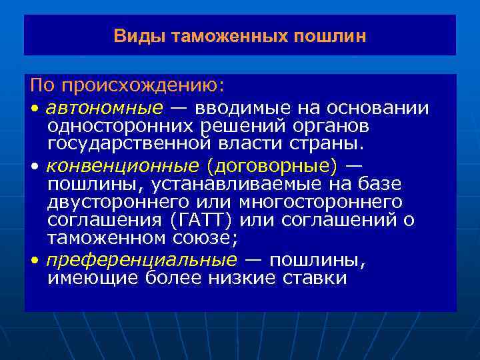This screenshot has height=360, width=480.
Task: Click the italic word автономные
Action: click(105, 108)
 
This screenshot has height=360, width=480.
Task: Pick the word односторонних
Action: click(117, 126)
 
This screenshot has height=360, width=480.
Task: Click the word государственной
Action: click(125, 144)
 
